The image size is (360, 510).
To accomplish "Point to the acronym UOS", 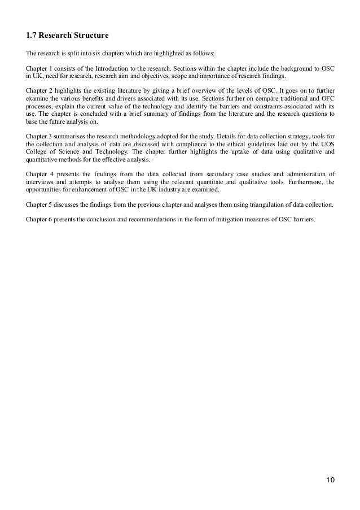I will (326, 143).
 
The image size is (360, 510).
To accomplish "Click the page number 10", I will (330, 481).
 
